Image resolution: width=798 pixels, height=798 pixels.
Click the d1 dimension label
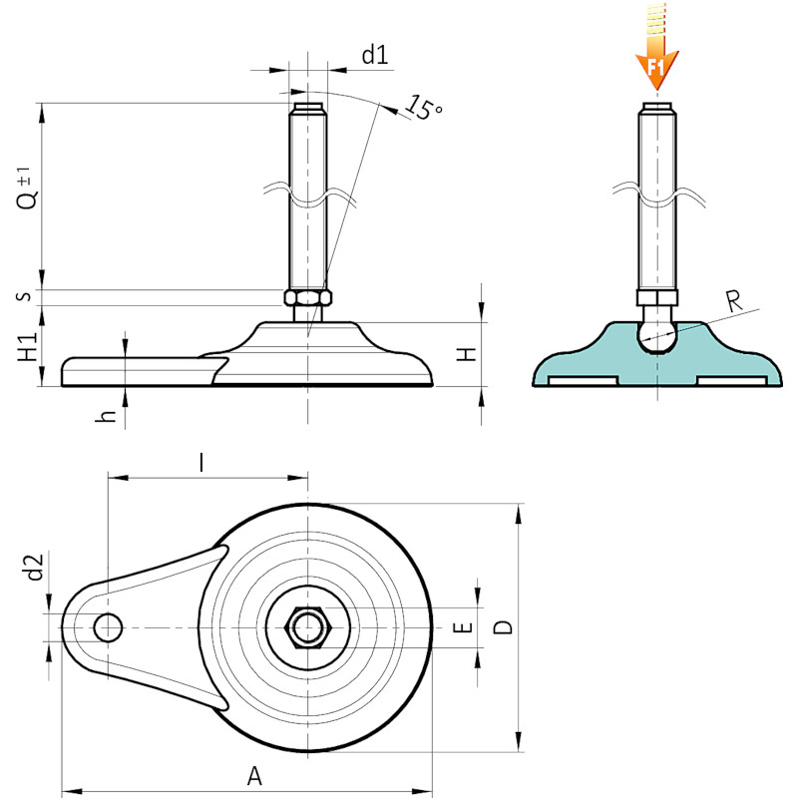[375, 55]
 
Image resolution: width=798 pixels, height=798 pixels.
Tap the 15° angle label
[423, 108]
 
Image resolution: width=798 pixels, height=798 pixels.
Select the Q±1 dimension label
[28, 188]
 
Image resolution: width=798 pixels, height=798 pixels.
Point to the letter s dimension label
[25, 295]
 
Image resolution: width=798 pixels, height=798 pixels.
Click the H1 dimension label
[28, 347]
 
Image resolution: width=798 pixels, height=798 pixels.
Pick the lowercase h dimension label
[106, 416]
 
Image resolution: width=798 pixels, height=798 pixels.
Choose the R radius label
[734, 301]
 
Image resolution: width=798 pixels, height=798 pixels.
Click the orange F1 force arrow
[657, 47]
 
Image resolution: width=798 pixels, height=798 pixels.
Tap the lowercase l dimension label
[202, 463]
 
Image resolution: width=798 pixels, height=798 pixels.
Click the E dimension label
[463, 627]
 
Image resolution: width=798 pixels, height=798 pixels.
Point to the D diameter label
[503, 627]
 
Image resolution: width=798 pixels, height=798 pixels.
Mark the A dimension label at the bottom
[254, 776]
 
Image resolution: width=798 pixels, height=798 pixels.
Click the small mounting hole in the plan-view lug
[108, 627]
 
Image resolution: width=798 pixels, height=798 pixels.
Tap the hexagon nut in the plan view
[307, 627]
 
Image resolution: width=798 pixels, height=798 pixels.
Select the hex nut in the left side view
[308, 297]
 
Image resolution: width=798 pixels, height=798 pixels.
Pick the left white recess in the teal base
[584, 381]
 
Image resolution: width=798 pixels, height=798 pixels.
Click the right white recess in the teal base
[731, 381]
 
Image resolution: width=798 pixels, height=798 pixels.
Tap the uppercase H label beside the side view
[466, 354]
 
